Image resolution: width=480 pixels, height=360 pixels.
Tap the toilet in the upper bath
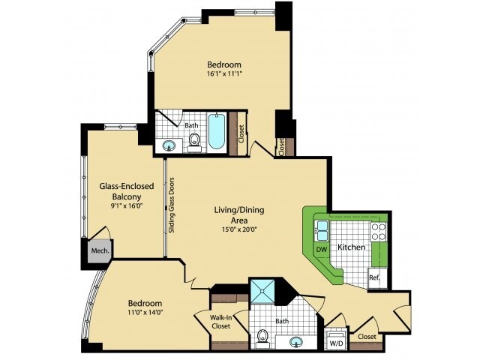(193, 143)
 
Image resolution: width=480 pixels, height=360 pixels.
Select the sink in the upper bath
(168, 145)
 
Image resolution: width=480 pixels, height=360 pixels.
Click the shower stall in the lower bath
(262, 291)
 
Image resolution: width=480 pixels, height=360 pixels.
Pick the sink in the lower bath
(295, 342)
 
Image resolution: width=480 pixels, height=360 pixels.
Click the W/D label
(336, 343)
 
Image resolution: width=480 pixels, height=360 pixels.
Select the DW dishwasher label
(322, 250)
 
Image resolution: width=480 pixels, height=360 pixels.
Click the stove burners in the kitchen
(379, 232)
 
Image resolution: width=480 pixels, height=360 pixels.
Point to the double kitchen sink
(322, 230)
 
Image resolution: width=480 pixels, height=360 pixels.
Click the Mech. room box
(100, 251)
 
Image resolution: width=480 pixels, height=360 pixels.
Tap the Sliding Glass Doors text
(172, 205)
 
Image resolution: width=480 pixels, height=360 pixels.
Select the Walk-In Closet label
(221, 322)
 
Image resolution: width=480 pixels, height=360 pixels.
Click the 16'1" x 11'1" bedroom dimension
(224, 73)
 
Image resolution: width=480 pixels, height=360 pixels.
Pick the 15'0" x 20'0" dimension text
(239, 229)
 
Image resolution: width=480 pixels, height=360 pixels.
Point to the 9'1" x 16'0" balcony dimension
(127, 205)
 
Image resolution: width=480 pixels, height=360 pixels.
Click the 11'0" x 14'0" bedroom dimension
(145, 312)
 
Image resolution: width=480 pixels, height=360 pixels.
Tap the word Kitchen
(351, 247)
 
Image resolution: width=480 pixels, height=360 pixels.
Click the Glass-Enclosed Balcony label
(127, 191)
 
